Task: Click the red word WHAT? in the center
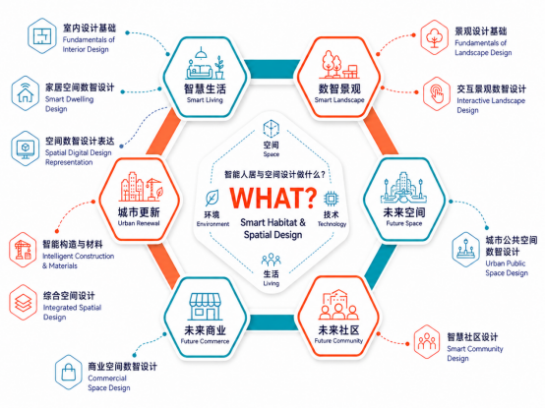[x=273, y=198]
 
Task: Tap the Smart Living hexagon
[x=205, y=77]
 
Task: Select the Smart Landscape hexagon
[x=338, y=77]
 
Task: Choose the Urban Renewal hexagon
[x=139, y=200]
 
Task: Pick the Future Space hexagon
[x=404, y=200]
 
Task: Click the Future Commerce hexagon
[x=205, y=318]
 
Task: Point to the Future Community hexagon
[x=338, y=318]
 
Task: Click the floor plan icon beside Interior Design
[x=42, y=36]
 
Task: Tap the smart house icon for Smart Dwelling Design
[x=25, y=93]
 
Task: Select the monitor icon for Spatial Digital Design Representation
[x=25, y=148]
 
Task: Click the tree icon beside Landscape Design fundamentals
[x=434, y=37]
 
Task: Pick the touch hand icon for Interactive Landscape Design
[x=437, y=93]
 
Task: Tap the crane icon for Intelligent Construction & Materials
[x=23, y=250]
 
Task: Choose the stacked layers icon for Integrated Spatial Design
[x=23, y=302]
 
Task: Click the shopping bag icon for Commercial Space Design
[x=69, y=373]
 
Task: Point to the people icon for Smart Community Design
[x=427, y=342]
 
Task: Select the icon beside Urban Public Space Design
[x=465, y=250]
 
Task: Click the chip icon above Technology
[x=331, y=199]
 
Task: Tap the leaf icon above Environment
[x=212, y=198]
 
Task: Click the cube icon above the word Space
[x=272, y=129]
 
